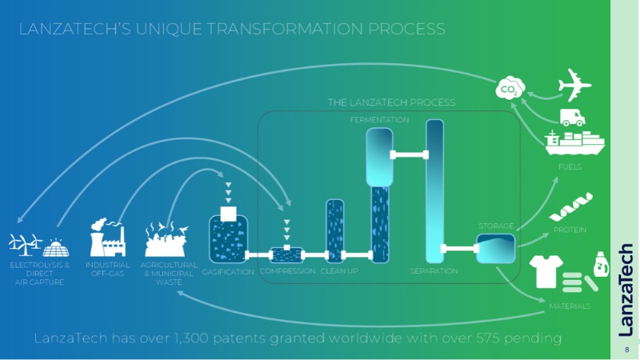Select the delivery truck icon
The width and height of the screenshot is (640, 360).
(x=571, y=117)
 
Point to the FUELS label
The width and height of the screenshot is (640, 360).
(x=570, y=167)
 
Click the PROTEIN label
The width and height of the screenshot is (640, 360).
(x=570, y=230)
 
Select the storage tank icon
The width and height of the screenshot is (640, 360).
(x=496, y=249)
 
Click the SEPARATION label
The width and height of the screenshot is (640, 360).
(x=434, y=271)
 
